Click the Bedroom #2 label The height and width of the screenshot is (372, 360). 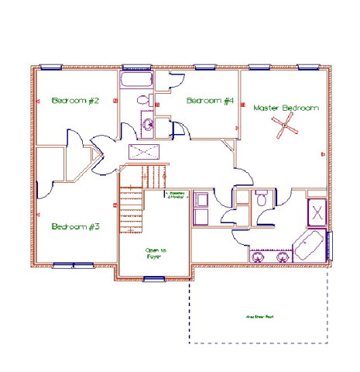point(74,101)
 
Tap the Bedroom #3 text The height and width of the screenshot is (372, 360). point(76,226)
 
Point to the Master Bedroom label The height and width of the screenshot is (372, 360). point(286,108)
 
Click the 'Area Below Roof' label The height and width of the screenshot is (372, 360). point(259,317)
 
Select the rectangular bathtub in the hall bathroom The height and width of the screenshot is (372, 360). point(137,81)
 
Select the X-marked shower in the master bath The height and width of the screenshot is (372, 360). point(317,211)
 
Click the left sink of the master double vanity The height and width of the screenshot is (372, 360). point(257,255)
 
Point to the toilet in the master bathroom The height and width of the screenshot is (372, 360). point(262,199)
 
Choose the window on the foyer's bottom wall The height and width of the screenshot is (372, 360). point(155,277)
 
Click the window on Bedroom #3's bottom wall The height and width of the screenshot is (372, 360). point(74,266)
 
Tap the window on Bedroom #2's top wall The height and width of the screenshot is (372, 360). point(51,67)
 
